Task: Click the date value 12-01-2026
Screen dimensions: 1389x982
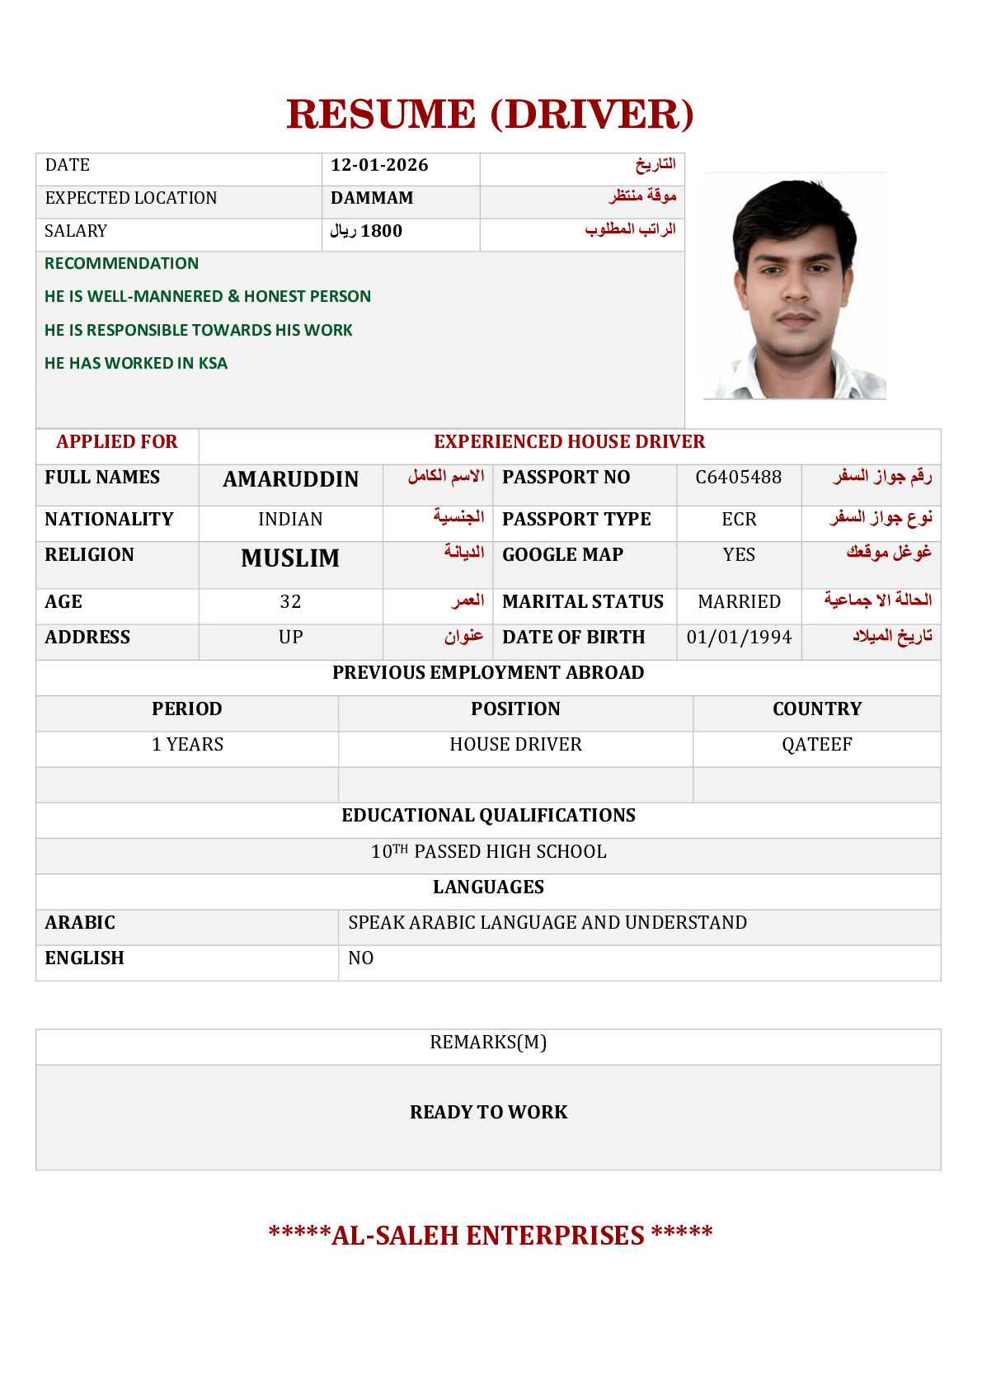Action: tap(379, 165)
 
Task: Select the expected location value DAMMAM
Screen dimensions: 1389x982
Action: tap(372, 198)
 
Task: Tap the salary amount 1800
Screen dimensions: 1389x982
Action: tap(381, 231)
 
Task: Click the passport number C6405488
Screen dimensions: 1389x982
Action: tap(738, 477)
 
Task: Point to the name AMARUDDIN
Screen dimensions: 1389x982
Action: tap(290, 479)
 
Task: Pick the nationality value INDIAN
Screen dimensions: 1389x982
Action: tap(290, 519)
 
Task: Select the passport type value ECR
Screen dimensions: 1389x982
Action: tap(739, 519)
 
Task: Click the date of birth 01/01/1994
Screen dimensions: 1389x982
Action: tap(739, 637)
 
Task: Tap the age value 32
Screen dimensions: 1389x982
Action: tap(290, 601)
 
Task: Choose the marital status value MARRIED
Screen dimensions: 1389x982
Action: tap(739, 601)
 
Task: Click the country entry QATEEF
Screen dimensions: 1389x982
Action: tap(816, 744)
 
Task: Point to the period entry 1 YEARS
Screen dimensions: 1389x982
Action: tap(187, 744)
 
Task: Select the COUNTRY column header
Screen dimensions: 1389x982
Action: tap(816, 709)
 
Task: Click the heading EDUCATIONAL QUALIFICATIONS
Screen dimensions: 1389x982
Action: tap(488, 815)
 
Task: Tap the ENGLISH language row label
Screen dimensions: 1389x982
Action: tap(84, 958)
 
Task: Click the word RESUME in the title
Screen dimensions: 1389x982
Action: tap(381, 114)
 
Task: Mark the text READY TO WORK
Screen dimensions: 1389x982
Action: tap(488, 1112)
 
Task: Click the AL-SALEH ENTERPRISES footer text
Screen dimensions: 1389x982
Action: tap(488, 1235)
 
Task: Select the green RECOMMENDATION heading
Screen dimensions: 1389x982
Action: tap(121, 263)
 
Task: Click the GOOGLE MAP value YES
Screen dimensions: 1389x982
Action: tap(739, 554)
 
